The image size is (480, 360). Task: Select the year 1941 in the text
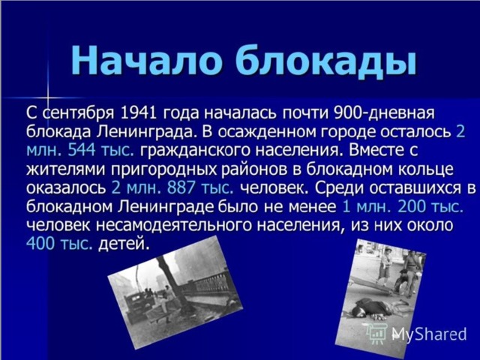139,113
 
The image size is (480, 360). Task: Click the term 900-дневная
384,113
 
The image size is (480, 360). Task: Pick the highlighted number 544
82,151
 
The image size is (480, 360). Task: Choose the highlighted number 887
181,188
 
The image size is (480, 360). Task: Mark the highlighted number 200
412,207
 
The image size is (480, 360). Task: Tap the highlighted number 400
40,244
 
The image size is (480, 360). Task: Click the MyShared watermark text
429,334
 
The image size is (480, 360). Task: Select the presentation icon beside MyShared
377,333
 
